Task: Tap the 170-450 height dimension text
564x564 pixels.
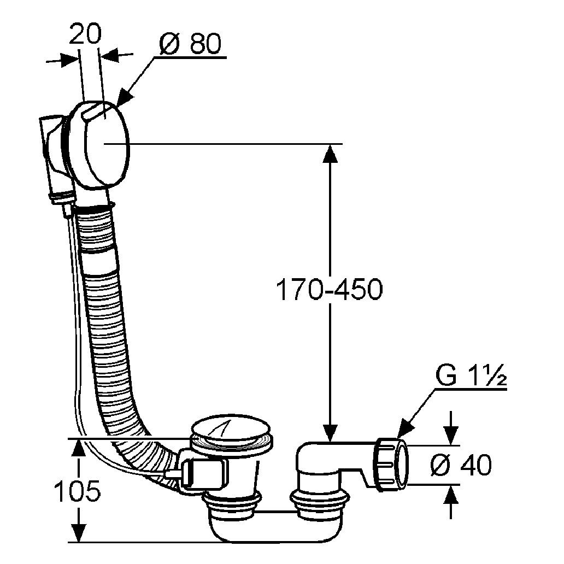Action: click(328, 290)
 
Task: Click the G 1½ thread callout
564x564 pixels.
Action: click(471, 378)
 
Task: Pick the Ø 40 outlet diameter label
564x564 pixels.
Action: click(461, 465)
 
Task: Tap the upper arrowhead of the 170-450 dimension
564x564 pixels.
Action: click(330, 152)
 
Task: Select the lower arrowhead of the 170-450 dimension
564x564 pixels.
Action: click(330, 432)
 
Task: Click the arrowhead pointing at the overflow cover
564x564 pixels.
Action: click(123, 98)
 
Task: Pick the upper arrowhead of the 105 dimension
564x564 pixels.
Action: click(79, 447)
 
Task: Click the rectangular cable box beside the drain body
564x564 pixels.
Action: click(205, 472)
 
